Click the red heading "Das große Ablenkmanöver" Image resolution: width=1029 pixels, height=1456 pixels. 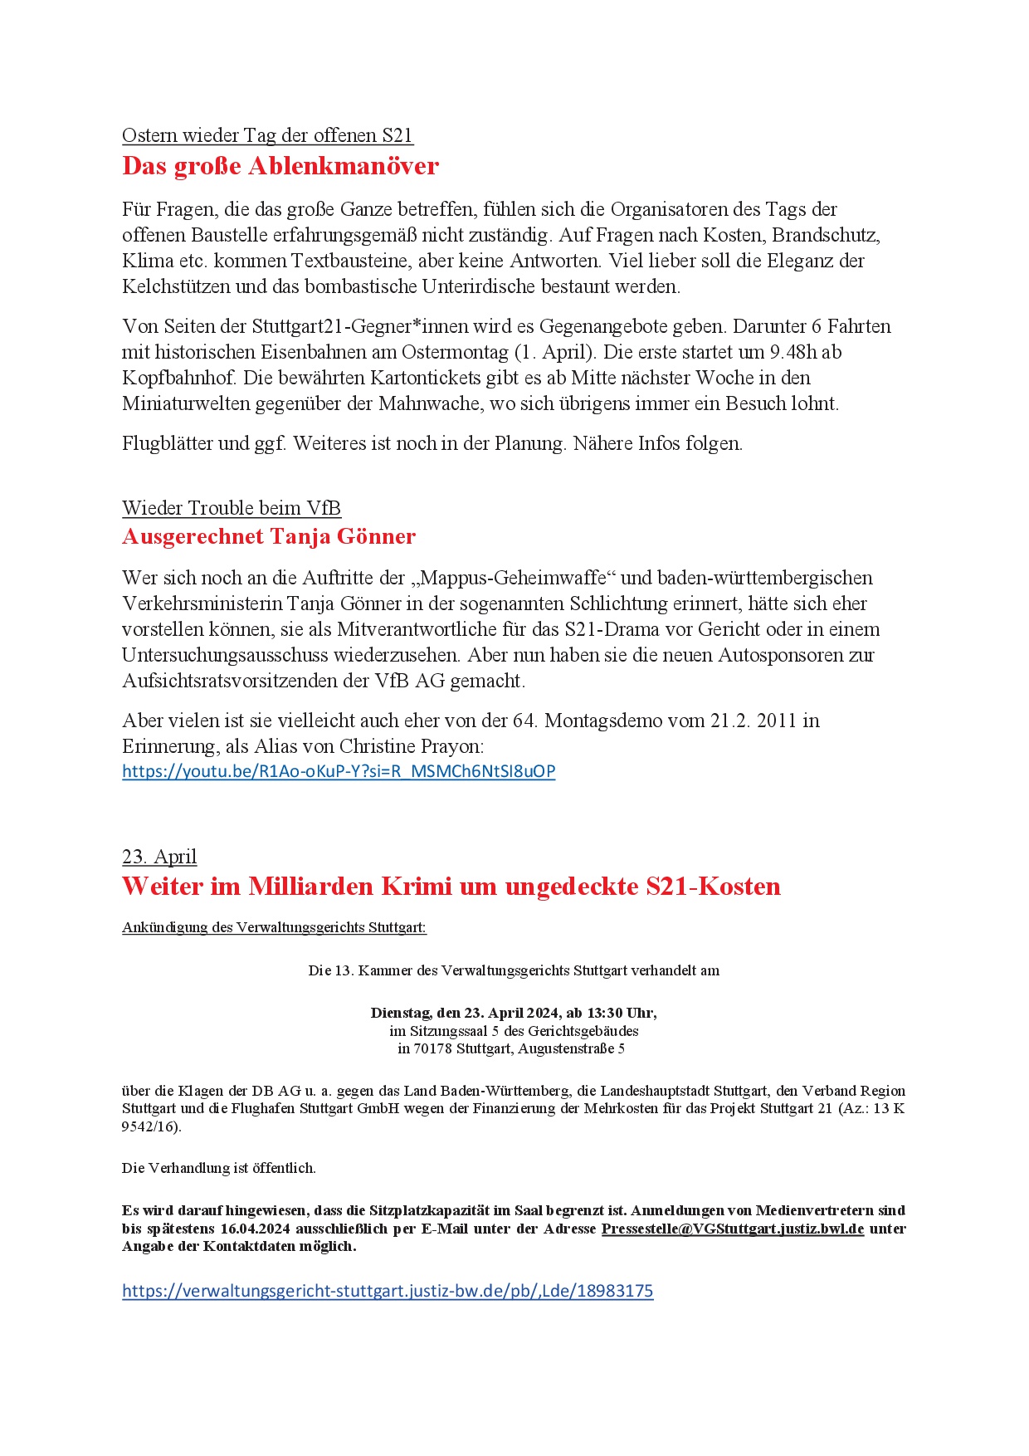[280, 166]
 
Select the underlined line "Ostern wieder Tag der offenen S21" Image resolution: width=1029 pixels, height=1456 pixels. [267, 135]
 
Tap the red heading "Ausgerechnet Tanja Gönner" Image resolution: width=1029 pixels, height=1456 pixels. [268, 536]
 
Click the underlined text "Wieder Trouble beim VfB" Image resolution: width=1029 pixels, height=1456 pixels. [231, 508]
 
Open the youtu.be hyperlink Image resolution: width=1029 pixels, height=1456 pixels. [338, 771]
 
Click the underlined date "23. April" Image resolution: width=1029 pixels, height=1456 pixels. [159, 857]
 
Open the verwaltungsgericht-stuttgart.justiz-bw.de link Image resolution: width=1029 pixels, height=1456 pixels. [387, 1291]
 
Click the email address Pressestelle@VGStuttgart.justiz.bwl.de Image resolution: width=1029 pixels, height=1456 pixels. [732, 1229]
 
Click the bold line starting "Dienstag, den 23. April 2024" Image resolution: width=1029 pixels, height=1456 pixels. [514, 1013]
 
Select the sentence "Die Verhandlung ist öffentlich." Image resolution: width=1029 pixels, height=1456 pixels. [219, 1168]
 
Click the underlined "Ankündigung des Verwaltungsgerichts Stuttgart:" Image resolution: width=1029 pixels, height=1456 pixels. [274, 927]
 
